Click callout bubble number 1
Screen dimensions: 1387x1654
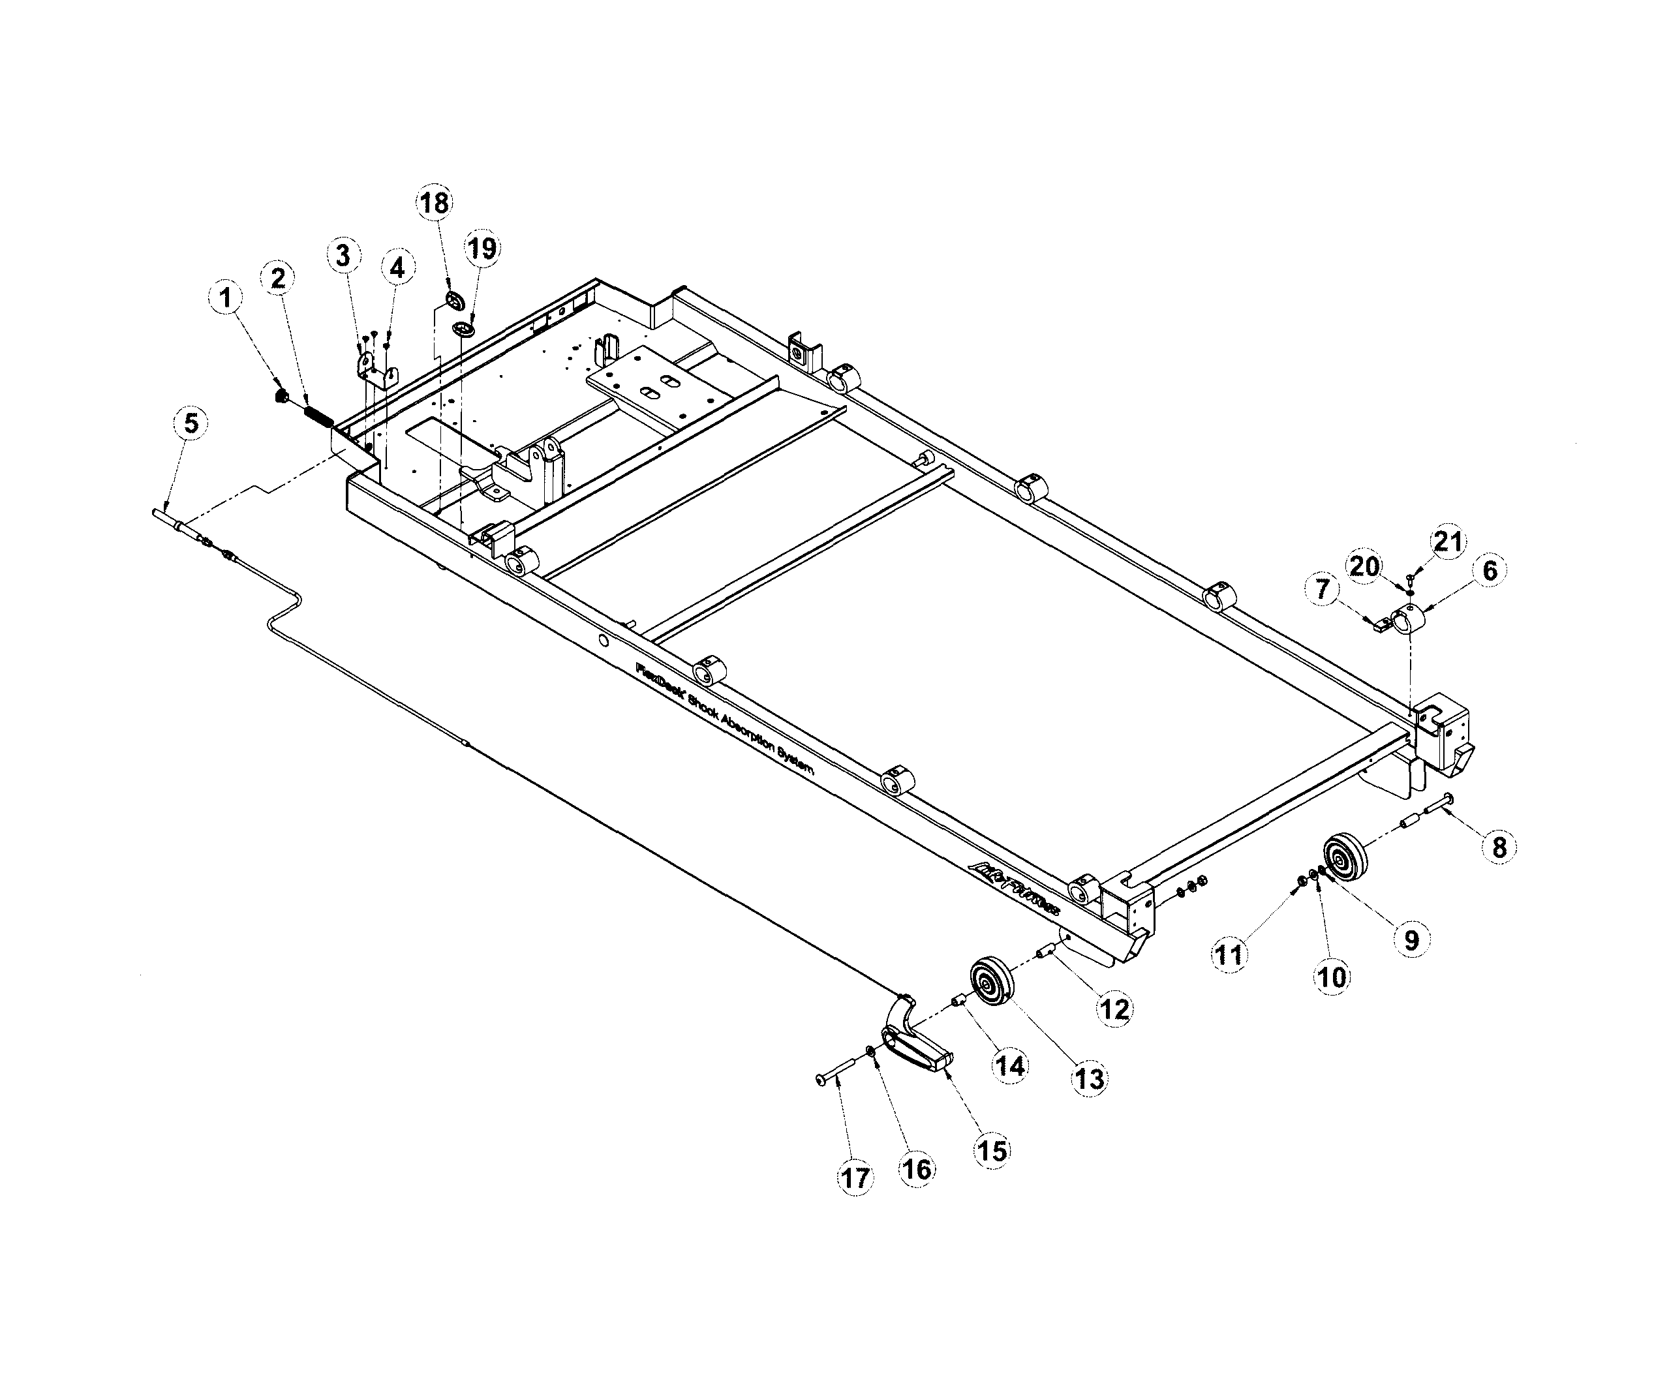tap(226, 299)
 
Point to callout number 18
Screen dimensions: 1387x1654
tap(434, 203)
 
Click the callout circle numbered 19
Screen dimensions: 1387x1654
tap(482, 249)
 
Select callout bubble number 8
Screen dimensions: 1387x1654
tap(1498, 847)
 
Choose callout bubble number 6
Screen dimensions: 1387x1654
tap(1490, 570)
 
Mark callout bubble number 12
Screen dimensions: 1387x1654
tap(1114, 1009)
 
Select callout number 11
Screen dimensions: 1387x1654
tap(1229, 954)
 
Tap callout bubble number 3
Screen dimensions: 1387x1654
tap(343, 256)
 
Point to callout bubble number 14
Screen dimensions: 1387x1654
tap(1010, 1065)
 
